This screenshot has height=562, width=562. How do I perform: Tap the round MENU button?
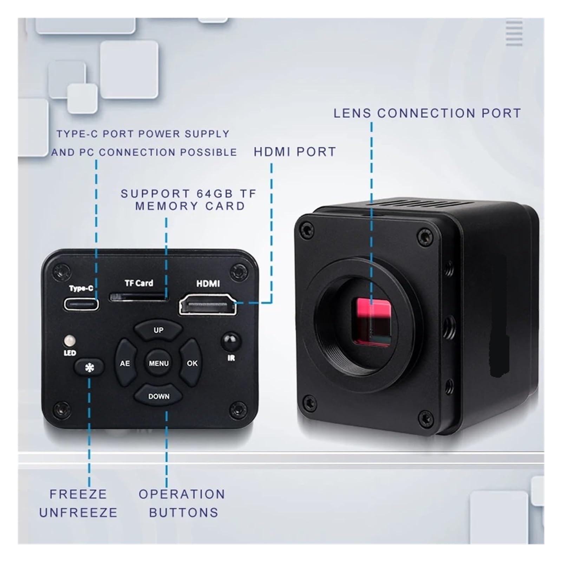[158, 363]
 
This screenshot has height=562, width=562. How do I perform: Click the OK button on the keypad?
[191, 363]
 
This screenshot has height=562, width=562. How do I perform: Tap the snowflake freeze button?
[89, 367]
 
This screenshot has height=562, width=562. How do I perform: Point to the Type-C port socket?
[81, 304]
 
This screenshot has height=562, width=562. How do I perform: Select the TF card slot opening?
[139, 297]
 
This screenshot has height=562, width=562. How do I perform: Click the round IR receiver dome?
[230, 340]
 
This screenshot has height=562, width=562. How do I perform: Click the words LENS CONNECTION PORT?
[427, 113]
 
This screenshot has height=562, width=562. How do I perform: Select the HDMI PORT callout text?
[295, 152]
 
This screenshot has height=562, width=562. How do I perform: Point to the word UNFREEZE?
[78, 512]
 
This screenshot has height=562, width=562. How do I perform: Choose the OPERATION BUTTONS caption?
[182, 503]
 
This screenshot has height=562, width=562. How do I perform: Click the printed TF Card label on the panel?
[139, 283]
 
